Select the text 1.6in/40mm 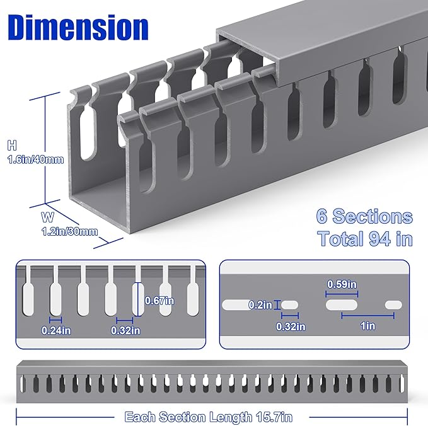[x=35, y=160]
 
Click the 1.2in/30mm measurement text [x=71, y=231]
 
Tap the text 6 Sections [x=364, y=217]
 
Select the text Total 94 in [x=364, y=239]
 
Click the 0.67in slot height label [x=159, y=300]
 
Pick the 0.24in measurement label [x=55, y=330]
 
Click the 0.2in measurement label [x=259, y=305]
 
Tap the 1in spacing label [x=368, y=326]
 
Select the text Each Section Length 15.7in [x=209, y=417]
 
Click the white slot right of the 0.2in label [x=289, y=306]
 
